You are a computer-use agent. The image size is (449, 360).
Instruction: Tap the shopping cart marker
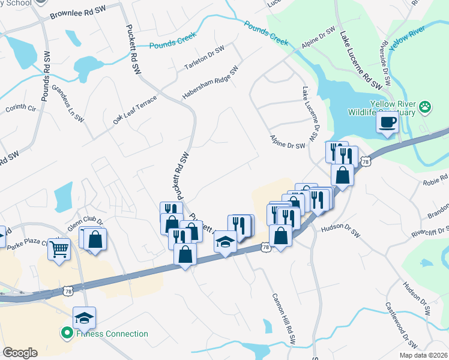click(59, 247)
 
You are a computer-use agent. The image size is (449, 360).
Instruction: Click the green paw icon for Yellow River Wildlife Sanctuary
click(426, 107)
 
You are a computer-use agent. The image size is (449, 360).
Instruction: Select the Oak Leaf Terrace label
click(134, 110)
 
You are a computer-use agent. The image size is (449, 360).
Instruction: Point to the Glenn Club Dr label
click(90, 223)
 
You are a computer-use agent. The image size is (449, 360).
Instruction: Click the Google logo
click(20, 353)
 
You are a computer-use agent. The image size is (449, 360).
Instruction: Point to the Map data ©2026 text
click(423, 355)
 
